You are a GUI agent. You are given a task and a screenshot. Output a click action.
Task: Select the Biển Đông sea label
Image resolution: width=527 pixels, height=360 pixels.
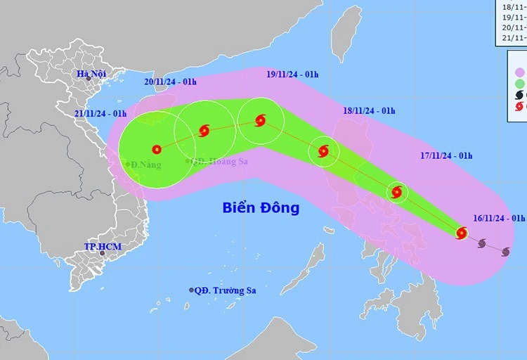click(261, 208)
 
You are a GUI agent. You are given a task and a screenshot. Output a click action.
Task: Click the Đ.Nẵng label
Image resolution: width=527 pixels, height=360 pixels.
click(145, 165)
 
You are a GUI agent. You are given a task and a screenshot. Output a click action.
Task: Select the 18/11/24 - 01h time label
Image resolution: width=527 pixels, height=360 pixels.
click(370, 111)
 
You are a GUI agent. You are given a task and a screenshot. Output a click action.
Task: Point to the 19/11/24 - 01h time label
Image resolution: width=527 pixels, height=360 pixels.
click(292, 73)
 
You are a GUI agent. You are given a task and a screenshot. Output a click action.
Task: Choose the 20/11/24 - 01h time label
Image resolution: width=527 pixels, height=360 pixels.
click(170, 82)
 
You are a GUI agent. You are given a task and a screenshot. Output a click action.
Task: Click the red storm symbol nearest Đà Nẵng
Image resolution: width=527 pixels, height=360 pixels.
click(156, 149)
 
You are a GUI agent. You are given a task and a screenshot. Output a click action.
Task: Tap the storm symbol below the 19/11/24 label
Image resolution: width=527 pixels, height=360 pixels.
click(261, 120)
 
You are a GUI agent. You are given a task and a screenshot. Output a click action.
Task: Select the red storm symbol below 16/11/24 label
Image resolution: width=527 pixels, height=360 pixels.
click(462, 233)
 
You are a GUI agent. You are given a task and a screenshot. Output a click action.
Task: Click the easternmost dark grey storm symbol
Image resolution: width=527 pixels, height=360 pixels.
click(505, 251)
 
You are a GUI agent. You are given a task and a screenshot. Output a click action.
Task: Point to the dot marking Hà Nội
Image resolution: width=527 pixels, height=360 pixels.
click(89, 79)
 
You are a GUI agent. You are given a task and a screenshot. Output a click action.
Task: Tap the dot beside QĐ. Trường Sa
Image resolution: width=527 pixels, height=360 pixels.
click(191, 290)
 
